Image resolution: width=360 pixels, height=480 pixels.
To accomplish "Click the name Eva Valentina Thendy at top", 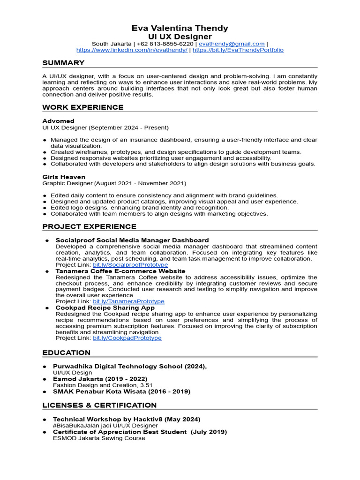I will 180,28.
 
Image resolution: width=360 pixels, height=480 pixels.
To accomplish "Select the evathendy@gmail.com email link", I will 232,44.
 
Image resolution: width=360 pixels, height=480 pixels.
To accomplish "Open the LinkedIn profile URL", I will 132,50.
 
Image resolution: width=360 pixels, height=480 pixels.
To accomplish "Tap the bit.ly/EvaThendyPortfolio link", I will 238,50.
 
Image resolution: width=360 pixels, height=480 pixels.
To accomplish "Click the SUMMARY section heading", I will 63,63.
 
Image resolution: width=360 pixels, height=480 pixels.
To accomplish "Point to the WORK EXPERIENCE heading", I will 83,107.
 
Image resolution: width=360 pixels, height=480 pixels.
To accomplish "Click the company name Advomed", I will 58,121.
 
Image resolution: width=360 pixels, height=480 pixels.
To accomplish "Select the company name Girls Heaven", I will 64,177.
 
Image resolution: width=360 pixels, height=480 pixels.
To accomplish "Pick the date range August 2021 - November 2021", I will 140,183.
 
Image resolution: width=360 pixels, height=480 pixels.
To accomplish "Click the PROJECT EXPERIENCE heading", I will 90,226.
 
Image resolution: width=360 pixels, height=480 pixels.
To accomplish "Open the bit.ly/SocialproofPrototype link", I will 130,265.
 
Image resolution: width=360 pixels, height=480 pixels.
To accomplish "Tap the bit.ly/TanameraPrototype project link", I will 128,301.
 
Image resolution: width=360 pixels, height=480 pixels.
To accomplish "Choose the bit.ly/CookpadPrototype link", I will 127,338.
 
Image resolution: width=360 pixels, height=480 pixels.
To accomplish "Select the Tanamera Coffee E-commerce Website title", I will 120,271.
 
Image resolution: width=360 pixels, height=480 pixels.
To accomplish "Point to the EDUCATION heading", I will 66,352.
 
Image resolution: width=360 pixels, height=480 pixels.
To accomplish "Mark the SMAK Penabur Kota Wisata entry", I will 121,391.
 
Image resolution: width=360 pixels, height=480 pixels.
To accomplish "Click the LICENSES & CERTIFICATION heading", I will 99,405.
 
